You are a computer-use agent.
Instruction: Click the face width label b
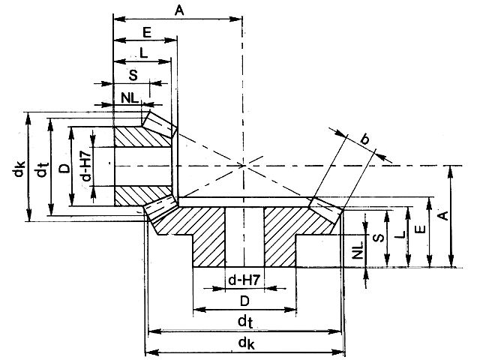click(x=365, y=138)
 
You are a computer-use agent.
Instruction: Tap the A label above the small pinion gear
click(x=178, y=10)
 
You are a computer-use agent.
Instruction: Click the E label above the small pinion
click(x=147, y=32)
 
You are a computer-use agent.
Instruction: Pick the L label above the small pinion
click(x=142, y=53)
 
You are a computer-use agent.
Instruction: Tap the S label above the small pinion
click(x=132, y=74)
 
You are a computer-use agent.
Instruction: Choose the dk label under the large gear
click(x=244, y=344)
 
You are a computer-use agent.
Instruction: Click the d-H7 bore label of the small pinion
click(x=86, y=168)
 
